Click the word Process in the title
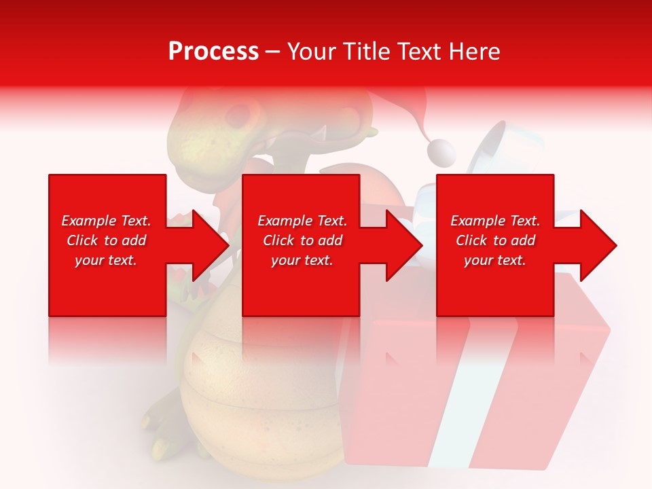coord(213,52)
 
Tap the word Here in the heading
coord(474,52)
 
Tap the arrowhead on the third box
coord(597,245)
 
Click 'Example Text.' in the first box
coord(106,221)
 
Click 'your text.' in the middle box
coord(302,260)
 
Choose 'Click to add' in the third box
coord(495,240)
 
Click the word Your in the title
coord(311,52)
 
